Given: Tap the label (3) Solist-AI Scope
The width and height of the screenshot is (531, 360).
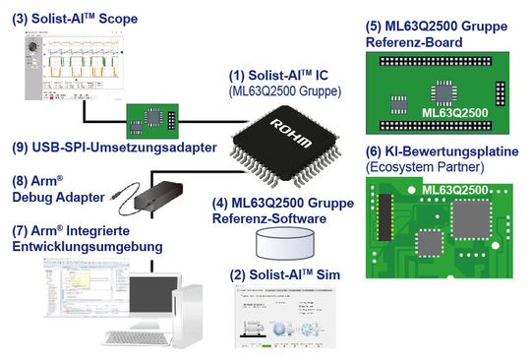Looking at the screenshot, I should pyautogui.click(x=75, y=19).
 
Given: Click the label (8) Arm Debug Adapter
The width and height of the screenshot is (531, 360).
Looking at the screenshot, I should pyautogui.click(x=55, y=189).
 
